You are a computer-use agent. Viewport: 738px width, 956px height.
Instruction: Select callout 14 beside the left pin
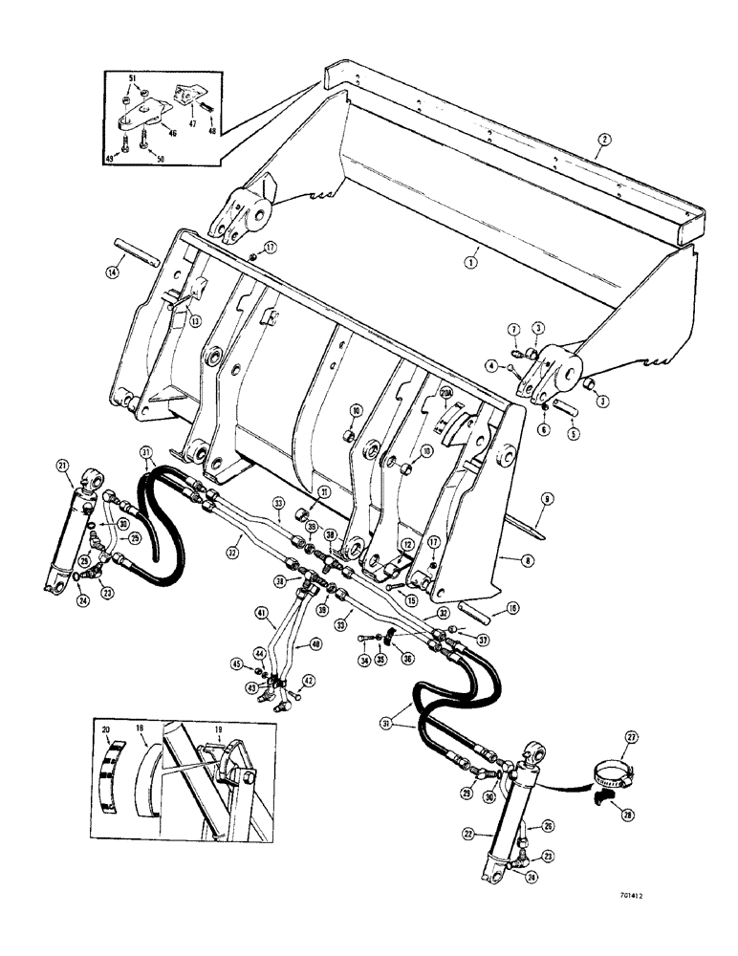click(x=114, y=273)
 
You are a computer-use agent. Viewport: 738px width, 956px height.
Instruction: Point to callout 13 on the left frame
click(x=196, y=321)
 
